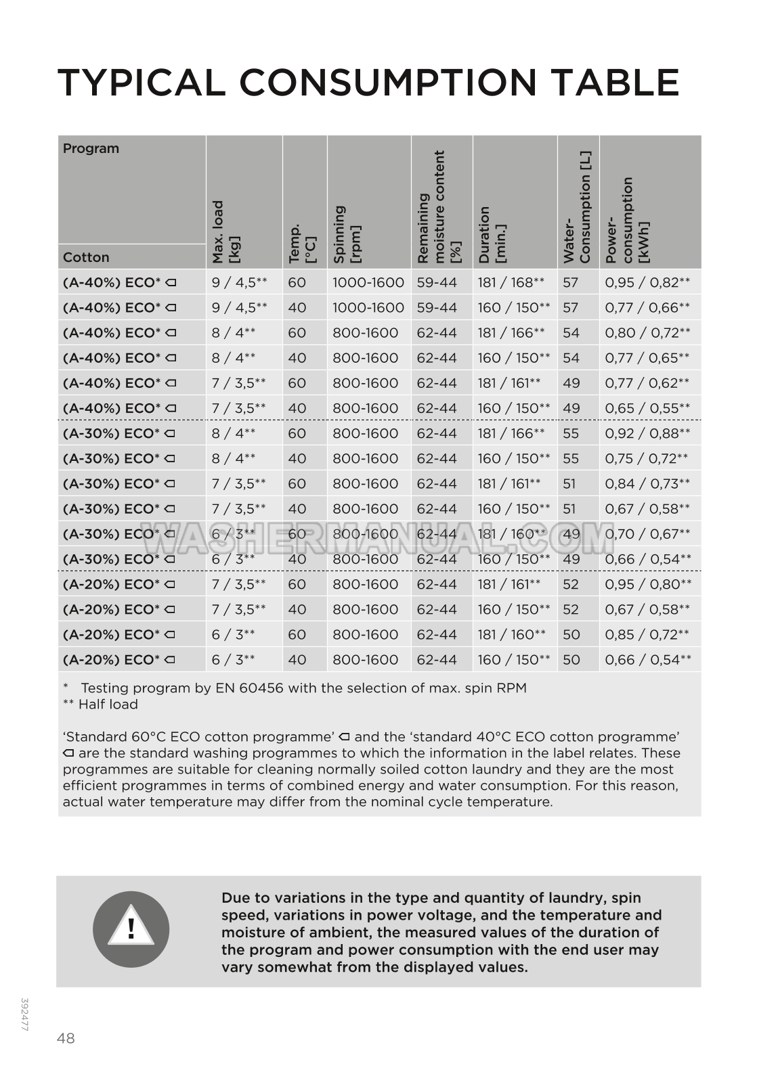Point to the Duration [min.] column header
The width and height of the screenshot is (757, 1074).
(x=492, y=234)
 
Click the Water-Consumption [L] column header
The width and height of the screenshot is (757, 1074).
(x=577, y=207)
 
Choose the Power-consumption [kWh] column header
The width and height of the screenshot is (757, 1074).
(x=627, y=220)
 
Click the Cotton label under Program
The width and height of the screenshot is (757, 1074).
(x=86, y=257)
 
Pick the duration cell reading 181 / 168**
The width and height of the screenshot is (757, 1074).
(x=511, y=282)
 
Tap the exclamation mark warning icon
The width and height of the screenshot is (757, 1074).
(x=131, y=929)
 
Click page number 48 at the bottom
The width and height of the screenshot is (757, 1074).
(x=66, y=1038)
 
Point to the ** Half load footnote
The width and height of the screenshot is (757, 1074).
(x=100, y=704)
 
